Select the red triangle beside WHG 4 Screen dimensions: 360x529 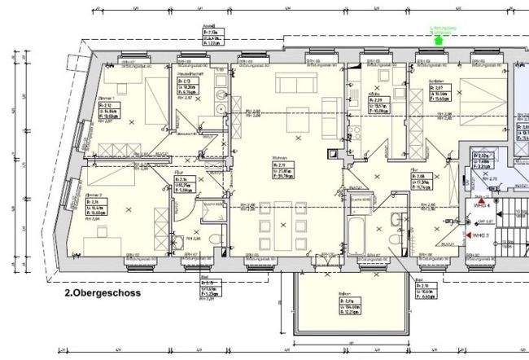[x=482, y=199]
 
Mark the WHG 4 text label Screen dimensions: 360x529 [x=480, y=206]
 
